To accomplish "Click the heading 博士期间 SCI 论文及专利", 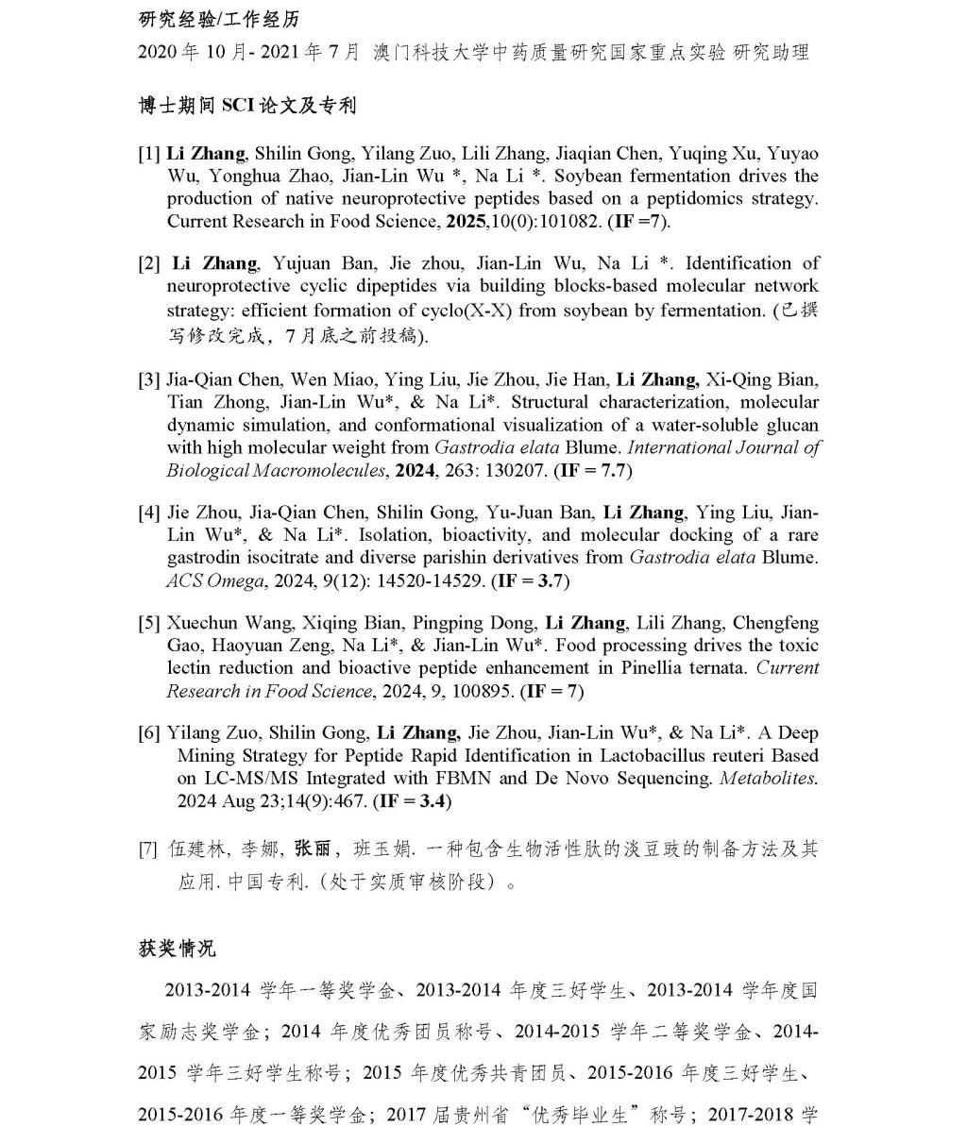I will coord(247,106).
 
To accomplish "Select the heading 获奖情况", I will coord(177,948).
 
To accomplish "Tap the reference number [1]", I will coord(149,154).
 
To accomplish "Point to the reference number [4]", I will coord(149,513).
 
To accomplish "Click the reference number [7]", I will coord(149,849).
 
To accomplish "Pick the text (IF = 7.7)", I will coord(593,470).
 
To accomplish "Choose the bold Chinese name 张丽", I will coord(314,849).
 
